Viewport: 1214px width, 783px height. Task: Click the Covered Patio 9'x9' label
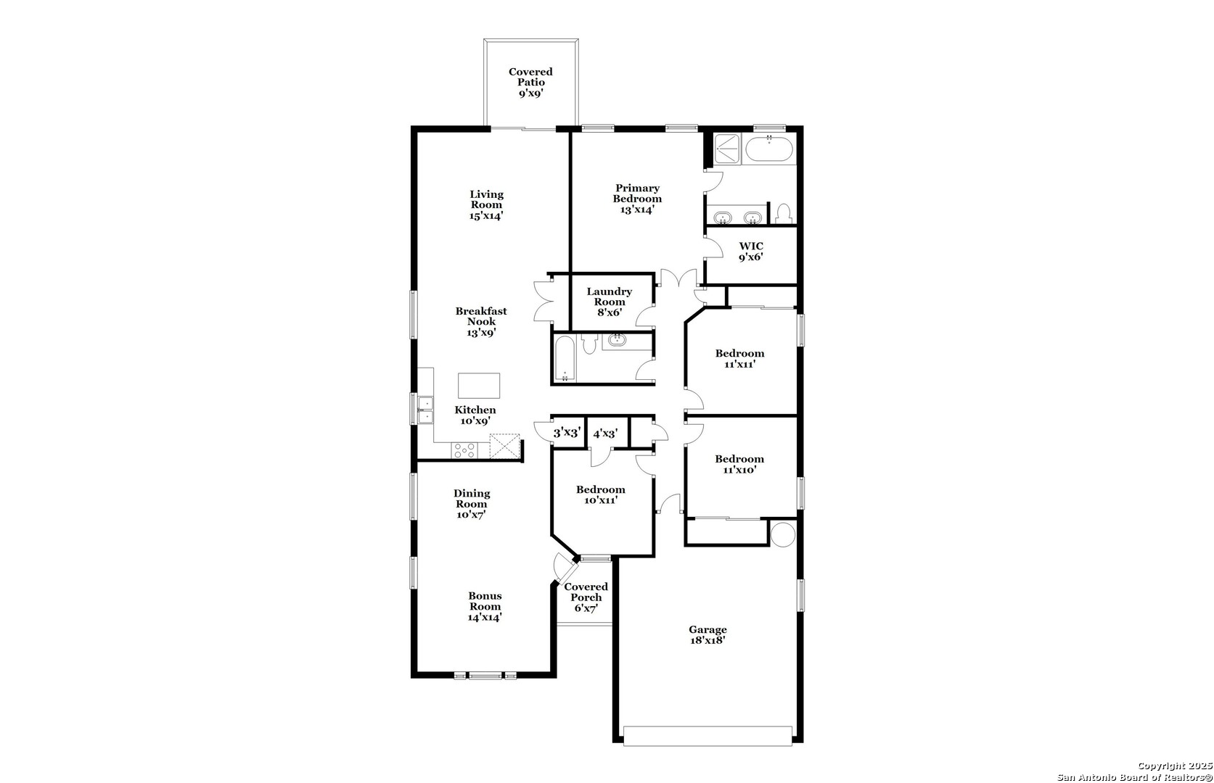530,83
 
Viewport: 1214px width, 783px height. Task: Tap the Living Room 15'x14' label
486,204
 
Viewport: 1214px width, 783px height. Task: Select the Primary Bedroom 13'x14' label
637,199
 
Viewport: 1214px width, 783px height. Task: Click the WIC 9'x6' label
750,252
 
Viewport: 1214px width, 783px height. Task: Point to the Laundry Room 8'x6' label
609,302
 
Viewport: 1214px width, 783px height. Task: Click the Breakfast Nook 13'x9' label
481,322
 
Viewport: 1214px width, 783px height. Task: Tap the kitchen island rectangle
478,386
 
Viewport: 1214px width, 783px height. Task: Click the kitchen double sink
426,410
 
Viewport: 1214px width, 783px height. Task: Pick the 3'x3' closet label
567,433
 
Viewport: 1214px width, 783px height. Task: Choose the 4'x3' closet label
605,434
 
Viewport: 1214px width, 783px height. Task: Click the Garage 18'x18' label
708,634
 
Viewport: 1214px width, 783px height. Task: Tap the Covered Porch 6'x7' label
586,597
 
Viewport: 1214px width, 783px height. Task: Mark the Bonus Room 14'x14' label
485,607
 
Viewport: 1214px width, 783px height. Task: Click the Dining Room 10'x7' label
472,504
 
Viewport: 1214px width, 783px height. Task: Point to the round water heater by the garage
782,534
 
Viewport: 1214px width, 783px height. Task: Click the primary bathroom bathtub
769,149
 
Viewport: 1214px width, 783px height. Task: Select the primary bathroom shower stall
728,148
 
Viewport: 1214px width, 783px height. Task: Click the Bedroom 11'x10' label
739,464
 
